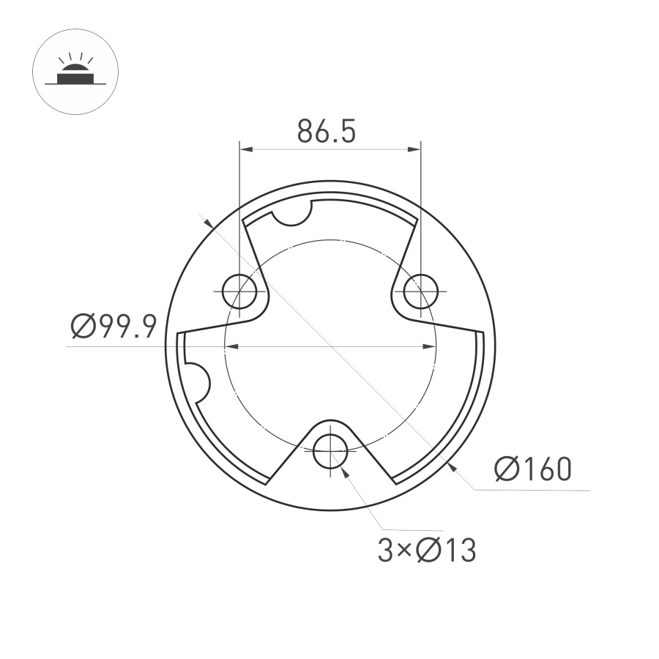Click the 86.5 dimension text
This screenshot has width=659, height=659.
[x=326, y=132]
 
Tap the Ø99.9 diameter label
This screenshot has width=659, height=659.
[x=113, y=327]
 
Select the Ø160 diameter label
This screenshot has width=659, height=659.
[x=532, y=469]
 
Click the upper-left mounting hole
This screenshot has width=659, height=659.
[x=239, y=291]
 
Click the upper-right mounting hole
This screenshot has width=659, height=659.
[x=420, y=291]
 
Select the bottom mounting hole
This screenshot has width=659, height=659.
[x=330, y=450]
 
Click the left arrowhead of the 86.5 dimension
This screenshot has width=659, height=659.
[x=246, y=149]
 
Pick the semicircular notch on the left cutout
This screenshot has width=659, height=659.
[x=196, y=379]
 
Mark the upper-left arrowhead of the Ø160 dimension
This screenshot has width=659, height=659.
[x=209, y=223]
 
